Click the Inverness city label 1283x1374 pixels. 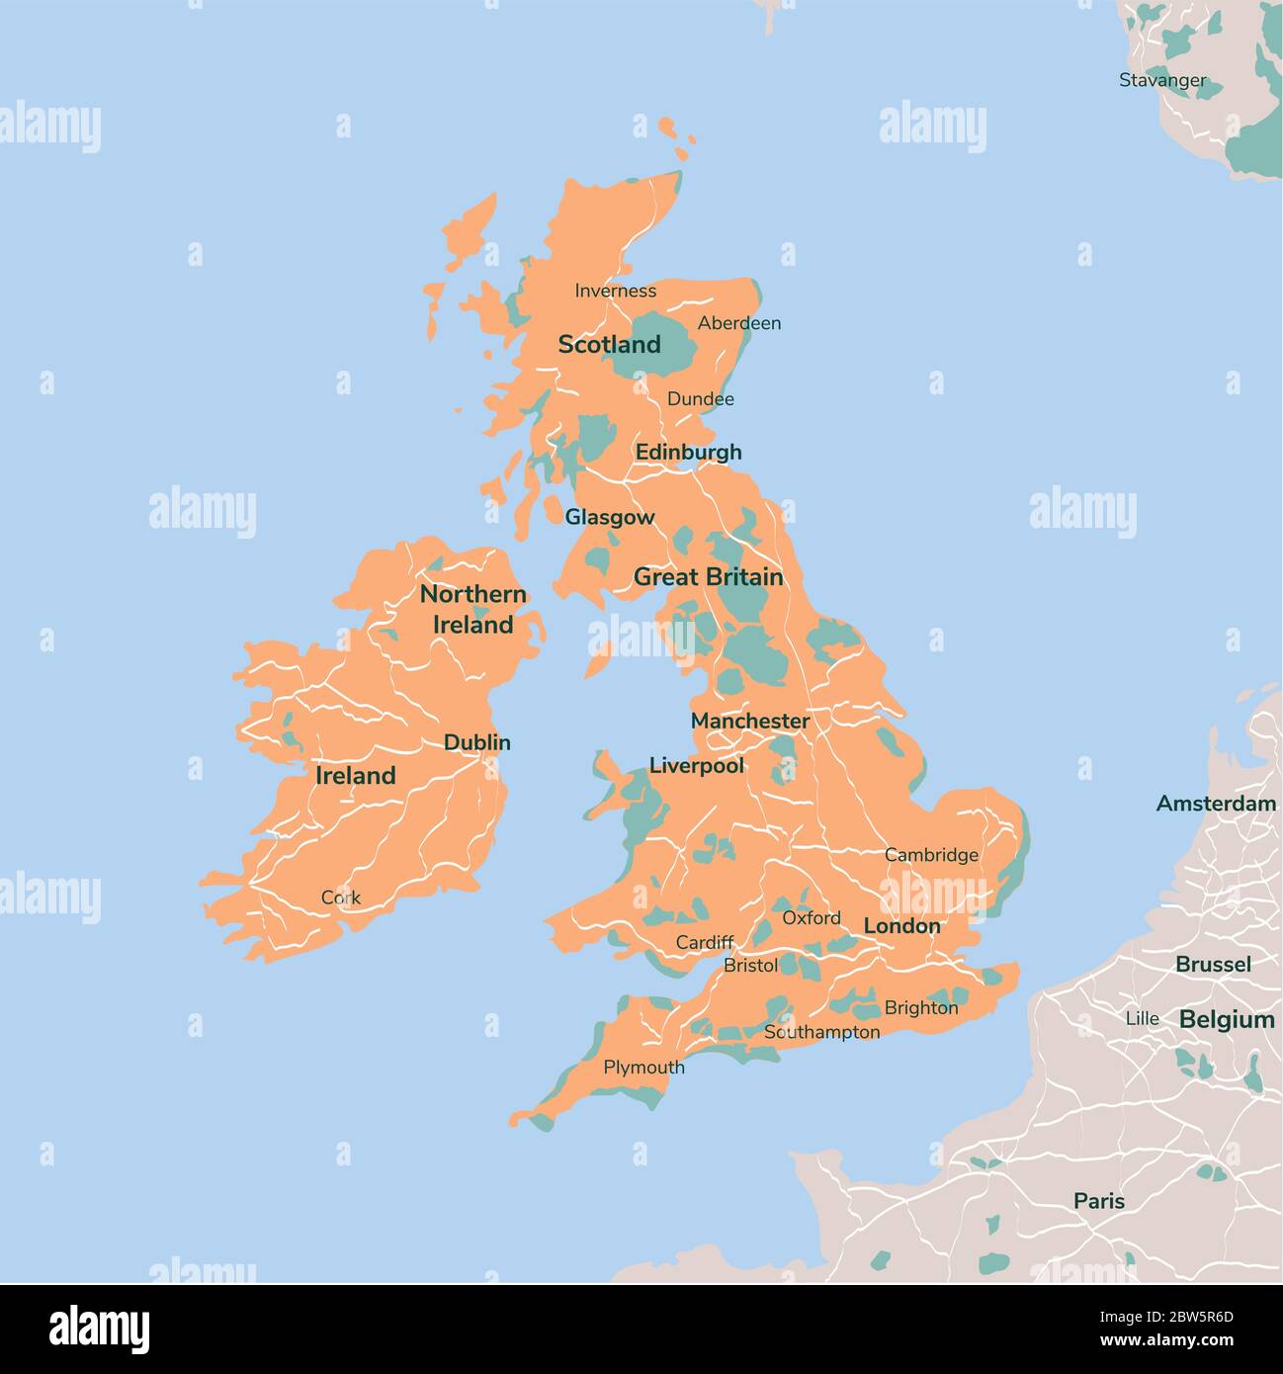pyautogui.click(x=615, y=291)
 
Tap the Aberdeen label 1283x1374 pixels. pyautogui.click(x=738, y=323)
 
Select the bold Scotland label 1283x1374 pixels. pyautogui.click(x=609, y=345)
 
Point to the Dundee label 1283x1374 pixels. pyautogui.click(x=700, y=399)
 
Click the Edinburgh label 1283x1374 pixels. pyautogui.click(x=688, y=452)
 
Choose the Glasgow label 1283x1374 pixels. pyautogui.click(x=609, y=517)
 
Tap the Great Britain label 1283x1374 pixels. pyautogui.click(x=708, y=577)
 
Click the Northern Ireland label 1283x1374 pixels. pyautogui.click(x=473, y=609)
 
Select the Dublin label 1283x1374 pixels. pyautogui.click(x=476, y=742)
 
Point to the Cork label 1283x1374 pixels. pyautogui.click(x=341, y=898)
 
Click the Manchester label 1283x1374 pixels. pyautogui.click(x=749, y=722)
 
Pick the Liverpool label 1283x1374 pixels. pyautogui.click(x=696, y=766)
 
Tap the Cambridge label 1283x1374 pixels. pyautogui.click(x=931, y=855)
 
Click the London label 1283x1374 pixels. pyautogui.click(x=901, y=926)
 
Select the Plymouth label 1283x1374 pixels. pyautogui.click(x=643, y=1068)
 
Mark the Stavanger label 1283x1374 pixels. pyautogui.click(x=1162, y=80)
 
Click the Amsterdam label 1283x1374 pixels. pyautogui.click(x=1216, y=804)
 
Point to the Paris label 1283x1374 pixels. pyautogui.click(x=1099, y=1201)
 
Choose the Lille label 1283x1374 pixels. pyautogui.click(x=1142, y=1018)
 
